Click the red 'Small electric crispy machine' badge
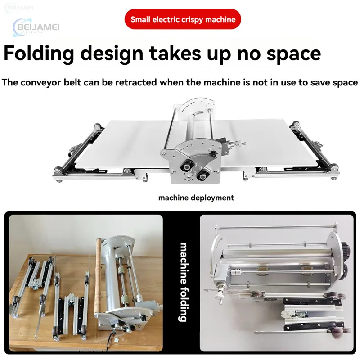(x=183, y=19)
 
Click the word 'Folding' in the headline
(x=39, y=54)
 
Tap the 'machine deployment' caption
(x=196, y=198)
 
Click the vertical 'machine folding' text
(x=183, y=282)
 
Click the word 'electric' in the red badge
(x=167, y=19)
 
